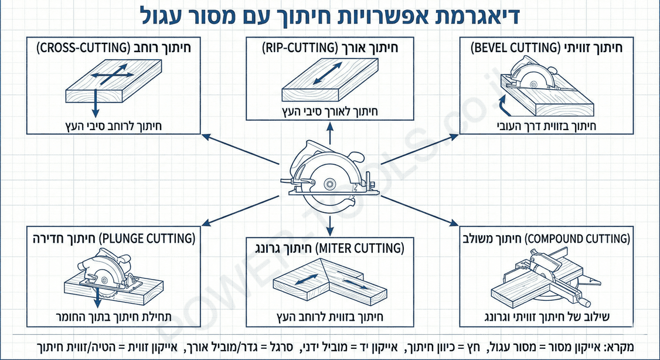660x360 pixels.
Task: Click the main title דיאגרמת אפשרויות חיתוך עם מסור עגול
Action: click(330, 16)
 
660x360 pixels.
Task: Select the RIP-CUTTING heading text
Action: click(329, 49)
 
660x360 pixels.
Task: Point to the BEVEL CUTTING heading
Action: click(546, 49)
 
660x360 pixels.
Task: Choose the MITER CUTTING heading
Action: click(329, 249)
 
